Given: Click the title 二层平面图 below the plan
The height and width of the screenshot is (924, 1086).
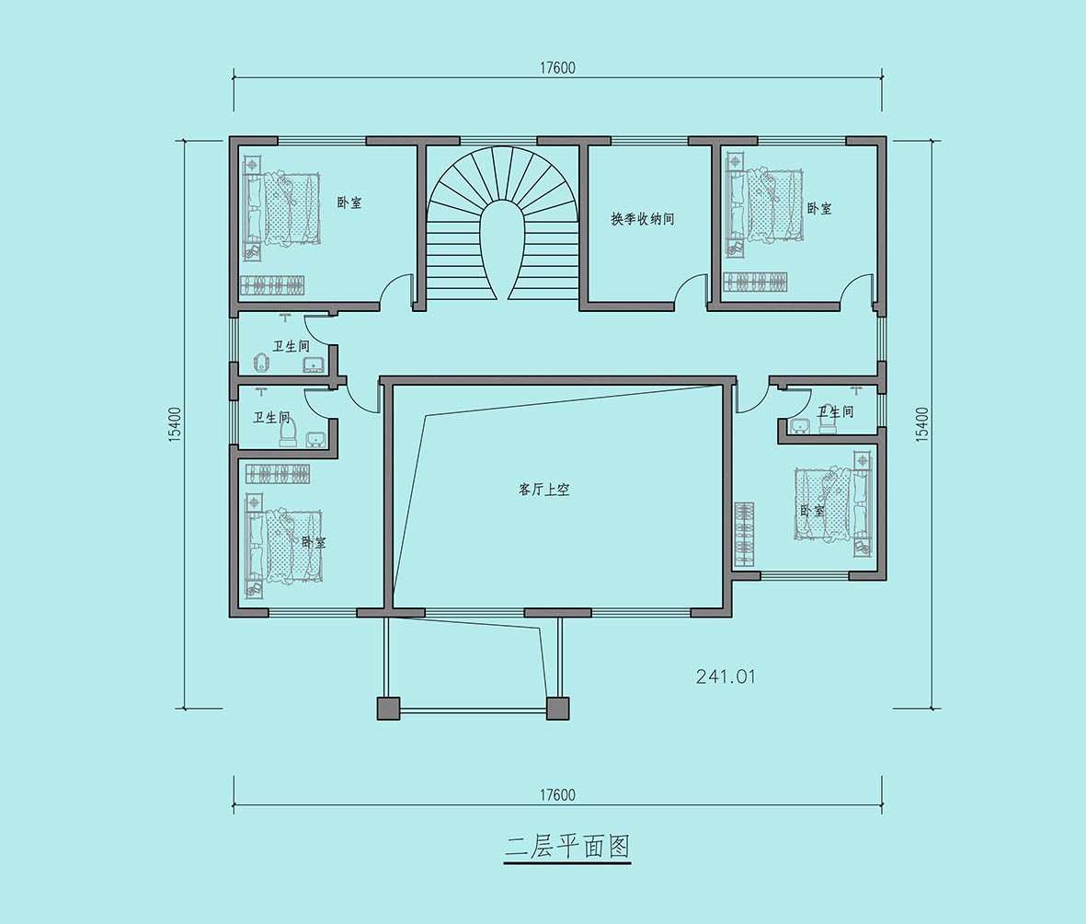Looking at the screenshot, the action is point(567,847).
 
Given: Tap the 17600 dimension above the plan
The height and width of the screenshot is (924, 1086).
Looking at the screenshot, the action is point(557,68).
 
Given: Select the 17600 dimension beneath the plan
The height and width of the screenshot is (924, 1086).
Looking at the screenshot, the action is point(557,794).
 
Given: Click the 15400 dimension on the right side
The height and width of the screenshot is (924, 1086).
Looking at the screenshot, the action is point(921,424).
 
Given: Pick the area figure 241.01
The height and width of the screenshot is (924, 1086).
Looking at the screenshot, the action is point(726,676).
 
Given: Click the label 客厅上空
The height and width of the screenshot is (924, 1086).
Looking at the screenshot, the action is point(543,490).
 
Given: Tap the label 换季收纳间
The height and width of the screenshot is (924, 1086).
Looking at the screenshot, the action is point(642,219).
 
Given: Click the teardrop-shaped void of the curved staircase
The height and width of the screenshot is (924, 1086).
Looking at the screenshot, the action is point(503,249).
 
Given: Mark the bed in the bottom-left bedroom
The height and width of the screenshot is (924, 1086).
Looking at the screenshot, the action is point(285,545).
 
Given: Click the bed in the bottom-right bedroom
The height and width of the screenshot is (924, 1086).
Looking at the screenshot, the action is point(830,503).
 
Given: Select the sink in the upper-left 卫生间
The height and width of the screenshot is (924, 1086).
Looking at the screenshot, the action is point(314,365).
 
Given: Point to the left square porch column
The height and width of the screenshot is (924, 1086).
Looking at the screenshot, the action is point(389,709).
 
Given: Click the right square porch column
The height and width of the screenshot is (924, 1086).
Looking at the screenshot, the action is point(557,709).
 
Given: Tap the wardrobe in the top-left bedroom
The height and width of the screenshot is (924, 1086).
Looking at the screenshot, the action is point(272,285).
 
